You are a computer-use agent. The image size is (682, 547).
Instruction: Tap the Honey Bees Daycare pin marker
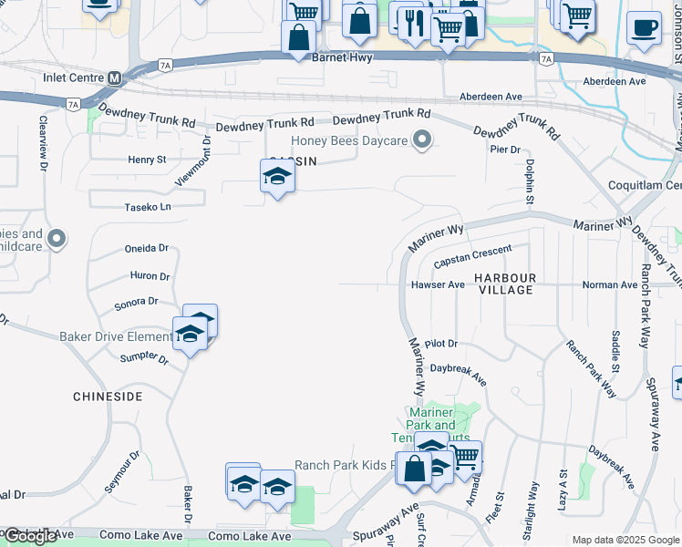[x=421, y=139]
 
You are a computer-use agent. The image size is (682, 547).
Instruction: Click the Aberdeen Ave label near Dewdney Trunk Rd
[x=490, y=96]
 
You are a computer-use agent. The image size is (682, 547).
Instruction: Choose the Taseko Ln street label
[x=148, y=207]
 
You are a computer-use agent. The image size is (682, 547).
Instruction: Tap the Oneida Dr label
[x=147, y=248]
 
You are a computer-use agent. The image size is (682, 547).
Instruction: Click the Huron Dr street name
[x=150, y=275]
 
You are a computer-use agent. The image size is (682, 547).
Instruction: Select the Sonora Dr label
[x=137, y=302]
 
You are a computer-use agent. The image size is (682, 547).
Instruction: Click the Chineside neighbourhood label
[x=108, y=397]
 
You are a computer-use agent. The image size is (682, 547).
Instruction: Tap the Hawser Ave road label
[x=438, y=284]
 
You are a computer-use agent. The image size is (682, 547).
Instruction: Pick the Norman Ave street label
[x=610, y=284]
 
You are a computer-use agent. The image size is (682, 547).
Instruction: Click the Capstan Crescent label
[x=473, y=254]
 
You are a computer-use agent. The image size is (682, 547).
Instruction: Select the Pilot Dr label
[x=440, y=343]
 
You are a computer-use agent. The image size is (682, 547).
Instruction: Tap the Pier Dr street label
[x=504, y=149]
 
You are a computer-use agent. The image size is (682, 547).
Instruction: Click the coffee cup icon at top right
[x=645, y=27]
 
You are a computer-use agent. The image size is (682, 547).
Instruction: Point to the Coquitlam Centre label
[x=645, y=185]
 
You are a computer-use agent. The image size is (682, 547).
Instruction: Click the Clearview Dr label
[x=43, y=142]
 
